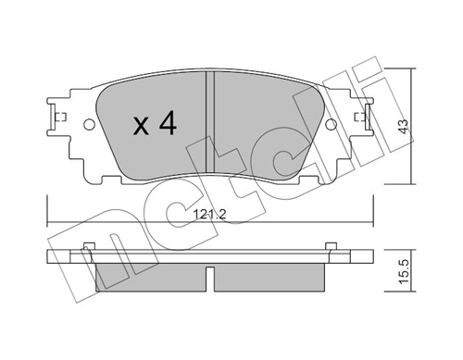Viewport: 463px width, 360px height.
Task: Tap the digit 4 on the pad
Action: click(x=167, y=124)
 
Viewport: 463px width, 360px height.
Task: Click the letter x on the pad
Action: click(x=140, y=127)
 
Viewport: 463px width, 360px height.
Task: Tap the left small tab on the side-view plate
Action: click(x=90, y=245)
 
